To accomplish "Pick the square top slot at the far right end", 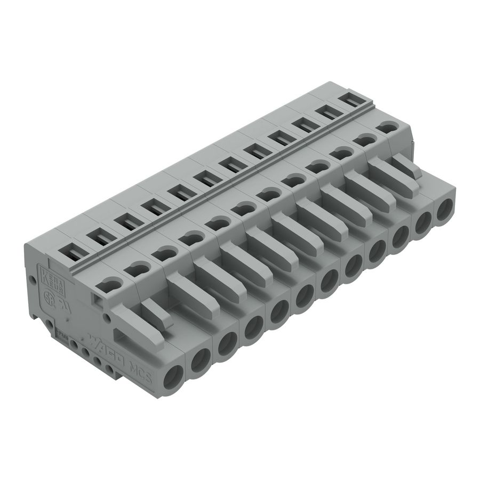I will [350, 99].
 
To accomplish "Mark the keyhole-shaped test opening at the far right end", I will [388, 128].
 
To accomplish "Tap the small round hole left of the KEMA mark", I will [33, 280].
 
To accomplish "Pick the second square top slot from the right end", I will [327, 111].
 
